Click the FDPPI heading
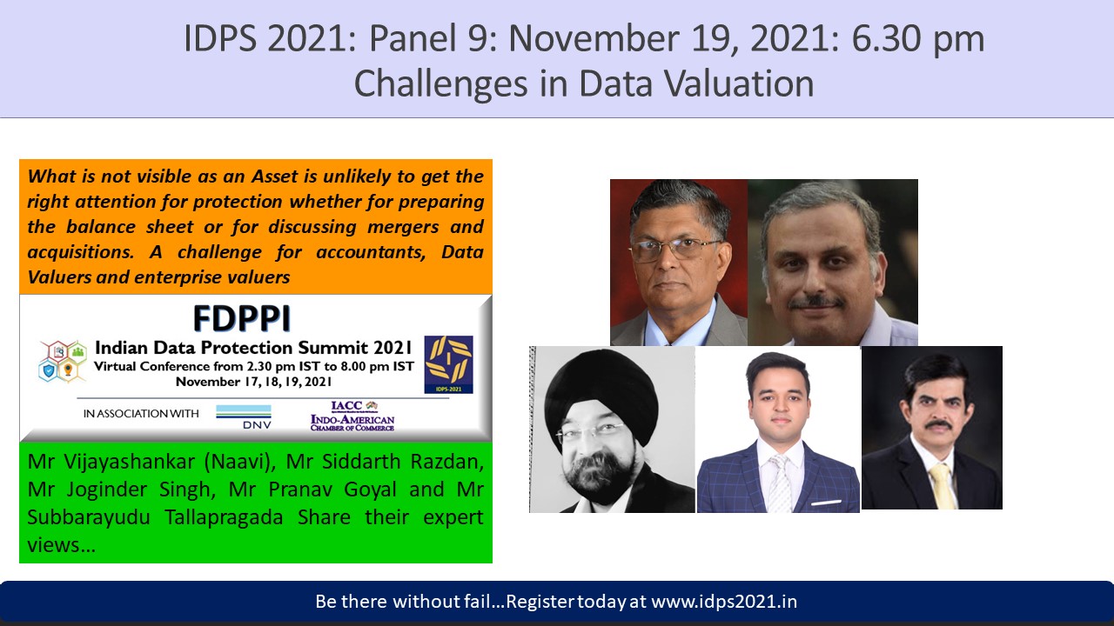tap(242, 318)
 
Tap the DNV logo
tap(244, 416)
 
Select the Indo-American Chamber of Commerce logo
tap(352, 416)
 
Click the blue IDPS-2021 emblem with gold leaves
tap(448, 364)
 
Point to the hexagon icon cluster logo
tap(63, 361)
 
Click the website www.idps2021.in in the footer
tap(724, 602)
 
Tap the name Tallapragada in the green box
tap(224, 517)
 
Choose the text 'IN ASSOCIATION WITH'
tap(141, 413)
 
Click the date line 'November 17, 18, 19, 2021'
tap(253, 382)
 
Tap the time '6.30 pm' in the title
tap(918, 40)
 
